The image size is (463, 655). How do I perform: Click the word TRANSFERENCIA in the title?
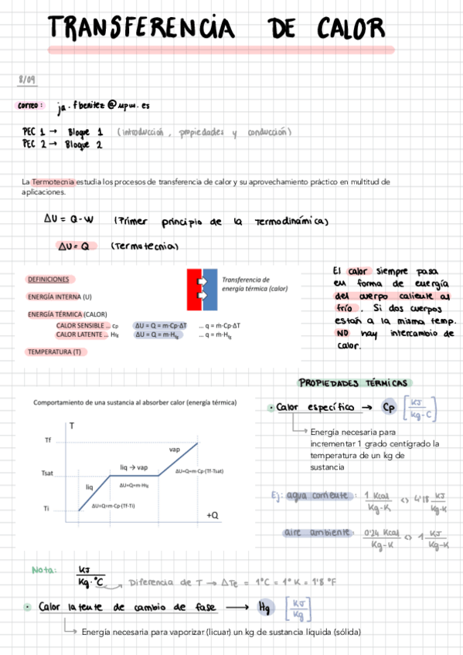click(140, 29)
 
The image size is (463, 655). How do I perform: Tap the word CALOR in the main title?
click(350, 29)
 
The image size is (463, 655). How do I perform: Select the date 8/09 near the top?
click(26, 80)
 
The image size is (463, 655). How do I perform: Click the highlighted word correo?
click(30, 106)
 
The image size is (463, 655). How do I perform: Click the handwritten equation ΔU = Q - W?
click(69, 220)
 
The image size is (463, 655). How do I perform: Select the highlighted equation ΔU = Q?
click(77, 246)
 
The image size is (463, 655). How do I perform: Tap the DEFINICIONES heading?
click(49, 280)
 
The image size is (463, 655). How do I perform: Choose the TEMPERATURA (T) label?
click(54, 352)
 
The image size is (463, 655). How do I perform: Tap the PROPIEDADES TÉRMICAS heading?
click(355, 383)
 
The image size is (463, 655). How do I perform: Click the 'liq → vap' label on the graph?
click(134, 467)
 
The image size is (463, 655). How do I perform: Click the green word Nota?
click(44, 570)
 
